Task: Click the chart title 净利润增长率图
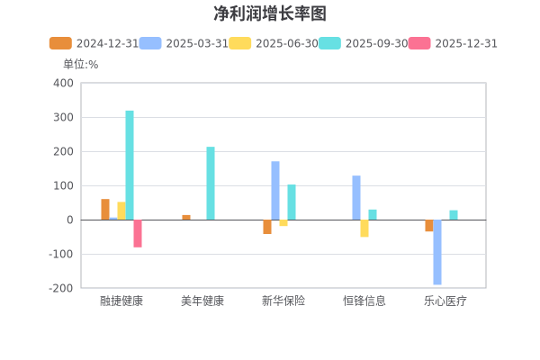click(x=270, y=13)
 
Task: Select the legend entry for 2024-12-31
click(x=94, y=43)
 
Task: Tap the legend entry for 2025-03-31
click(x=184, y=43)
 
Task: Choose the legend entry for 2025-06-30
click(x=274, y=43)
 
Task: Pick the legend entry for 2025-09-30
click(x=363, y=43)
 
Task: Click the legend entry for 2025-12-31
click(x=453, y=43)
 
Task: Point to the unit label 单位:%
click(x=80, y=64)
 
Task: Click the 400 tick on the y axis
click(x=63, y=83)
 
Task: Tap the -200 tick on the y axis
click(x=60, y=288)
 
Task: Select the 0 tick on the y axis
click(x=69, y=220)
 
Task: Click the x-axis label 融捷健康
click(x=121, y=301)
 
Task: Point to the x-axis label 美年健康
click(x=202, y=301)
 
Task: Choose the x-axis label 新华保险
click(x=283, y=301)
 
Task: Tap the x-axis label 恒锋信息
click(x=364, y=301)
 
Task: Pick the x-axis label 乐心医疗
click(x=445, y=301)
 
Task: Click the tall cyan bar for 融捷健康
click(x=130, y=165)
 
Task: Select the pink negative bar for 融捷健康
click(x=138, y=233)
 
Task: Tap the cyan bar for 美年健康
click(x=211, y=184)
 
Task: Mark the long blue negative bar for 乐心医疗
click(x=437, y=252)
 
